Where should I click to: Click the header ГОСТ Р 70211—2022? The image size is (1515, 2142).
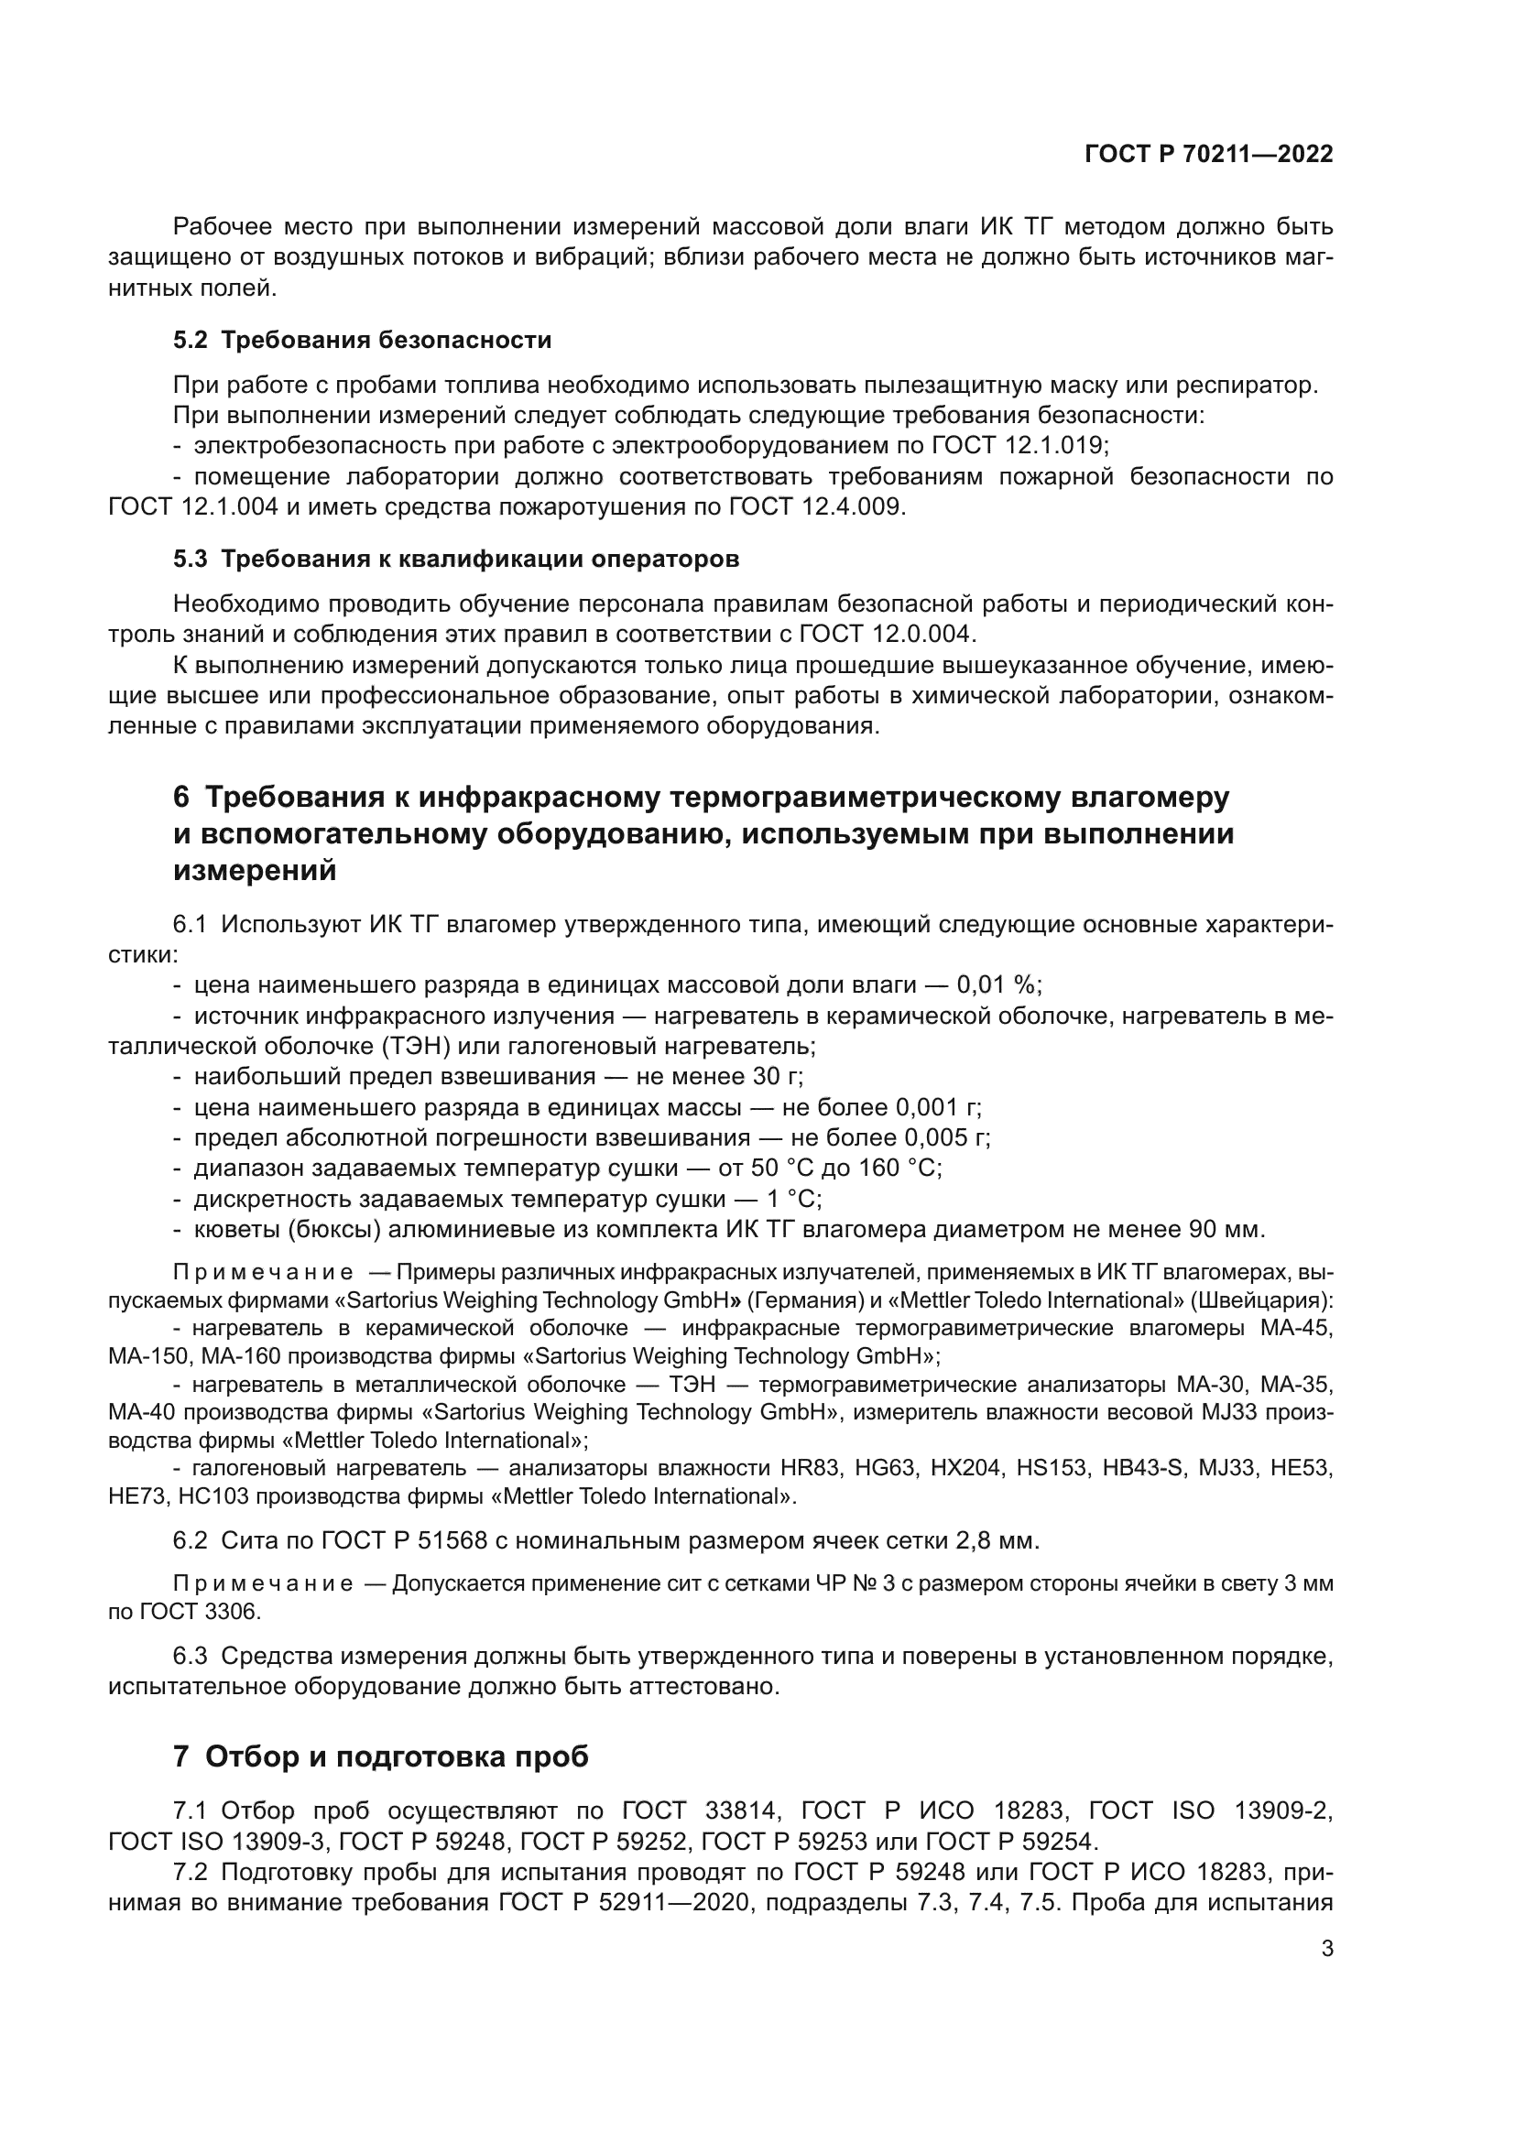coord(1208,155)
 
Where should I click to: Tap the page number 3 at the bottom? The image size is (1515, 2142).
coord(1326,1949)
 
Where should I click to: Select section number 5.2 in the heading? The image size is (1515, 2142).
coord(191,341)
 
